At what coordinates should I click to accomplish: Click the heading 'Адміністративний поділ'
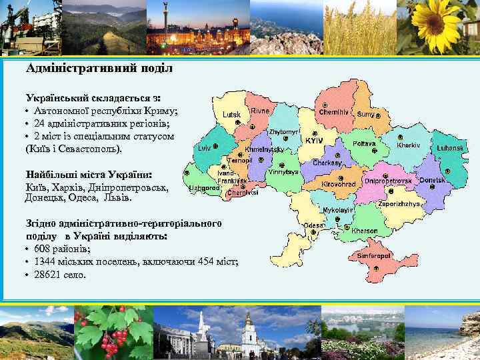click(x=99, y=68)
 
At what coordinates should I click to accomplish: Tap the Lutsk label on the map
click(x=231, y=115)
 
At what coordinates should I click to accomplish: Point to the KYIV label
click(x=314, y=141)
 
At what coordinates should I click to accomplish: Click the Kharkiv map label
click(x=408, y=145)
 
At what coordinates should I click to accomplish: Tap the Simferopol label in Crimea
click(x=373, y=255)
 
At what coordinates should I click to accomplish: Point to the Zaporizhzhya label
click(x=399, y=204)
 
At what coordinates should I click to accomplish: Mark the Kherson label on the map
click(x=365, y=231)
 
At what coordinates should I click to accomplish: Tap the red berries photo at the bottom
click(x=113, y=333)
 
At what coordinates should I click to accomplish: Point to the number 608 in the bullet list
click(x=39, y=249)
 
